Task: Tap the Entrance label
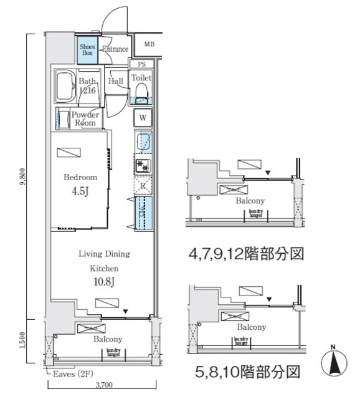pyautogui.click(x=115, y=50)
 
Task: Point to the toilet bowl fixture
pyautogui.click(x=141, y=94)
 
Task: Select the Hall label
pyautogui.click(x=116, y=81)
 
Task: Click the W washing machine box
pyautogui.click(x=143, y=118)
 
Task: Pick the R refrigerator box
pyautogui.click(x=143, y=185)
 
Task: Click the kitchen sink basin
pyautogui.click(x=143, y=142)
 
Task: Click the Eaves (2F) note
pyautogui.click(x=68, y=374)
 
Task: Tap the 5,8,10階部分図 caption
pyautogui.click(x=245, y=373)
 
